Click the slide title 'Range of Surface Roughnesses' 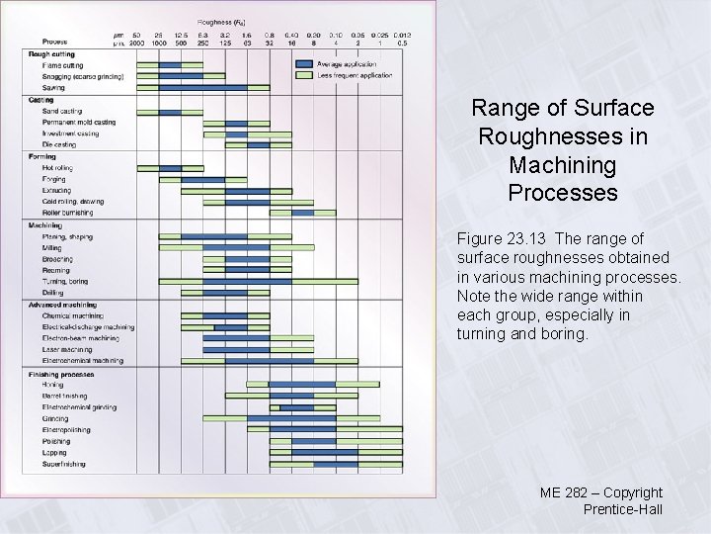coord(563,149)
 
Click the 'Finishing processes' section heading coord(62,374)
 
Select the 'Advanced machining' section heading coord(63,305)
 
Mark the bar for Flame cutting coord(170,65)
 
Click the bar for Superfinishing coord(336,464)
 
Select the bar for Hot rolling coord(170,168)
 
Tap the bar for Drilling coord(225,293)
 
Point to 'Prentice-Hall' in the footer coord(622,510)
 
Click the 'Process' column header coord(41,43)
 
